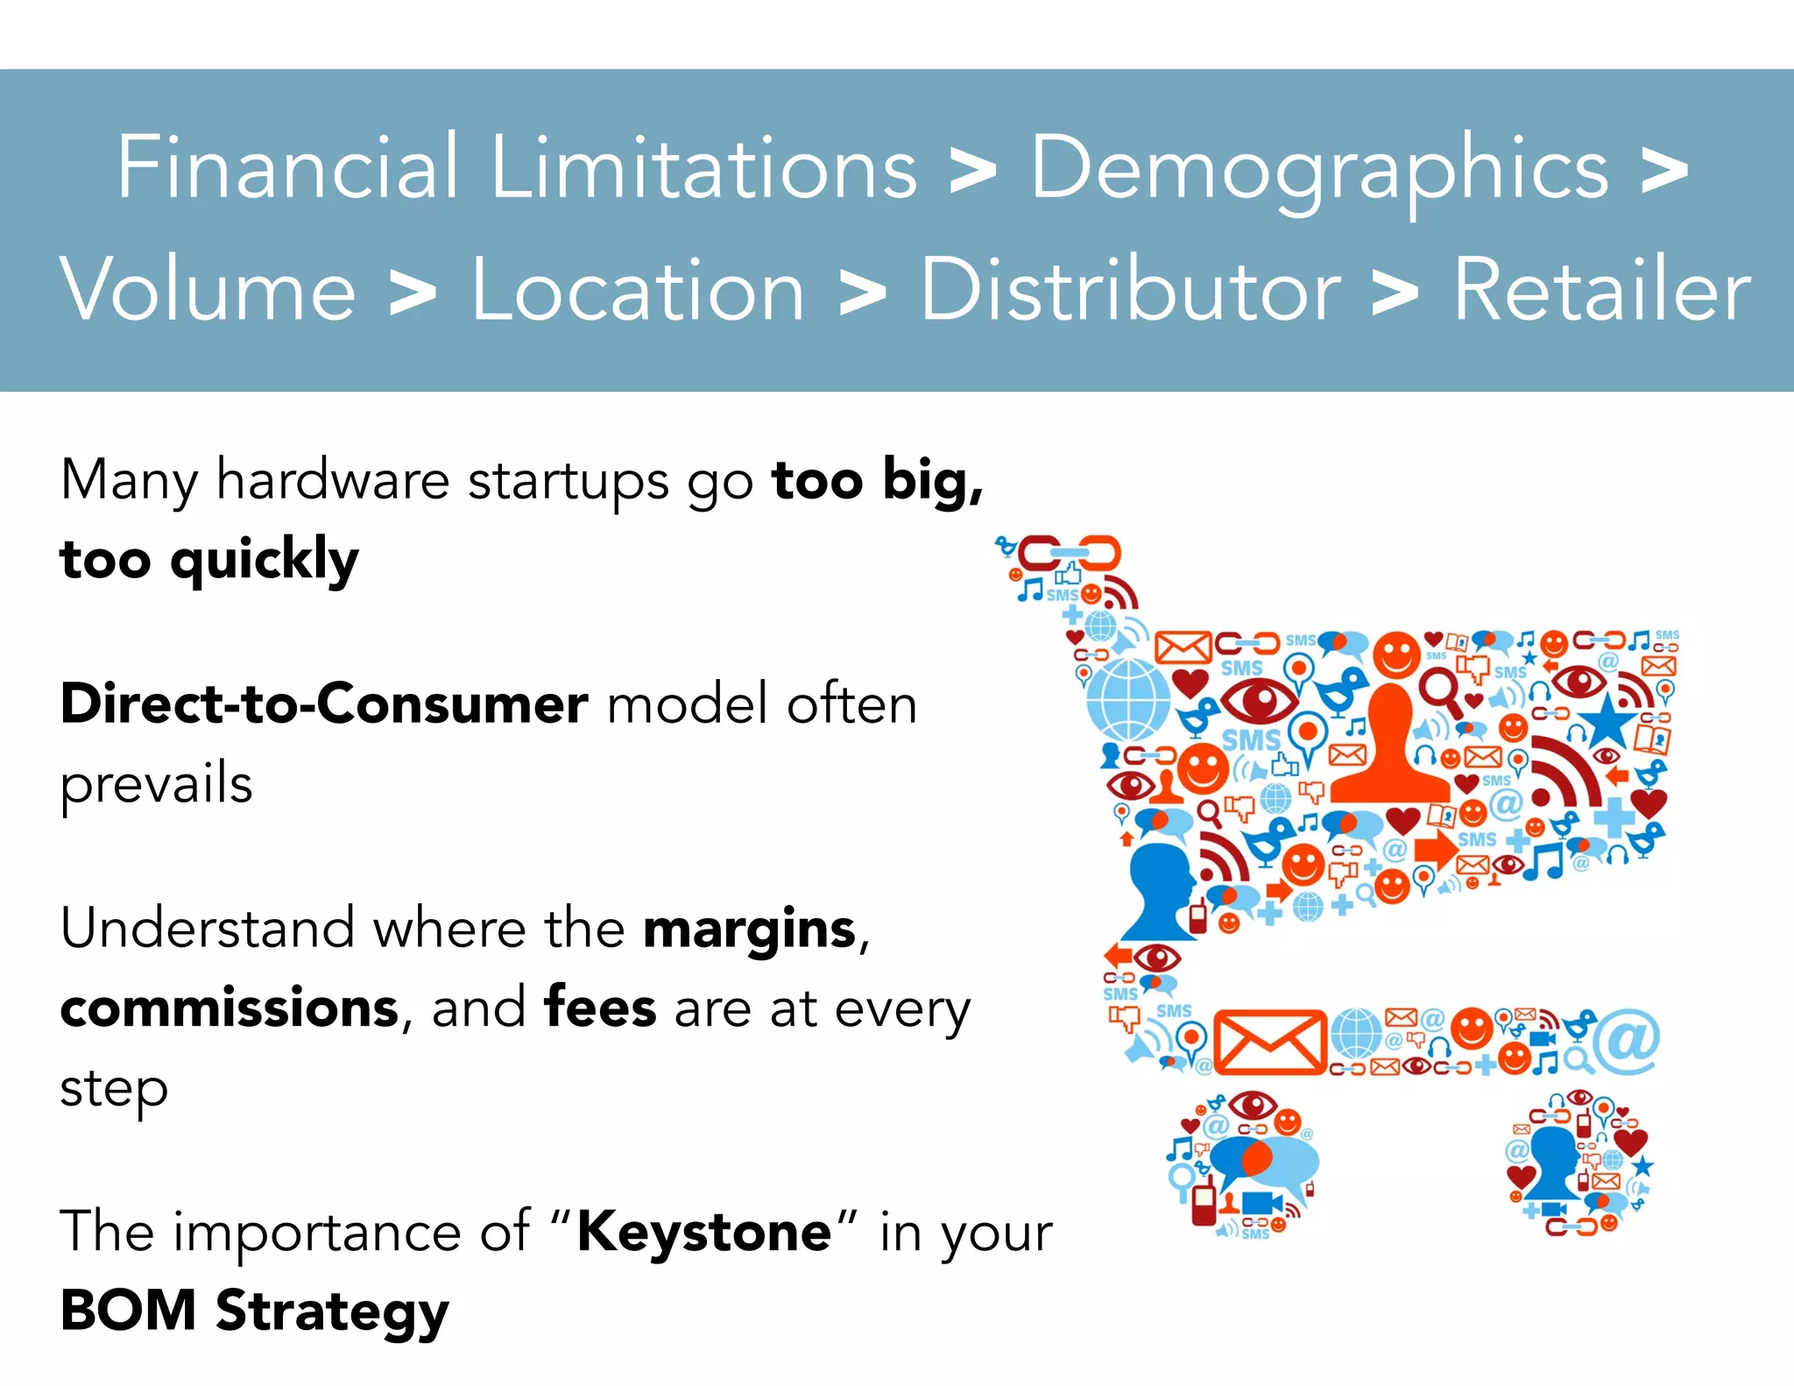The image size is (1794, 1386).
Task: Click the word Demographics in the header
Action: pos(1318,168)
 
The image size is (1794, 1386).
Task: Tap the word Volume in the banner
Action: pos(208,290)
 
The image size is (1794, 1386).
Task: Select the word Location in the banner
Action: pos(638,290)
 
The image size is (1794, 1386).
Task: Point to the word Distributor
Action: pos(1130,290)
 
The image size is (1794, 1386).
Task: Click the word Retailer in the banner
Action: pos(1601,290)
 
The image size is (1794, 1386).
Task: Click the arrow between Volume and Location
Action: pos(413,293)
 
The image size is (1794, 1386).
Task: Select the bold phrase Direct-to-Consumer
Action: pos(324,704)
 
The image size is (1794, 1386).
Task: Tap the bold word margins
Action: pos(749,929)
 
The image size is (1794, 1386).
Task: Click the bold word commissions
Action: pos(230,1008)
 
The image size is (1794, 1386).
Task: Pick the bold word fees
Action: pos(600,1008)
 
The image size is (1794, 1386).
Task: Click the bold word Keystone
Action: pos(703,1232)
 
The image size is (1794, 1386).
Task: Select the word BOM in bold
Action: pos(128,1311)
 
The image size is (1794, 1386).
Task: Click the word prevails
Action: pos(156,784)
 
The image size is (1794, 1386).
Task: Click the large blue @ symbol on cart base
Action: pos(1626,1041)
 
